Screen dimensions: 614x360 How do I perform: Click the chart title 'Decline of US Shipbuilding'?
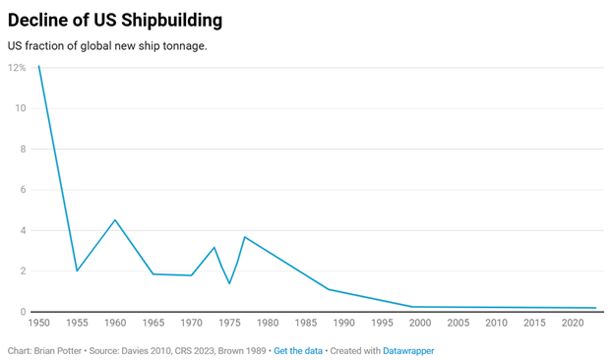tap(115, 21)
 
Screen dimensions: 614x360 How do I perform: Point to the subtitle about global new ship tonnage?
tap(107, 46)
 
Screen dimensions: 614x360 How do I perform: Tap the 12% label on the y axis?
tap(17, 68)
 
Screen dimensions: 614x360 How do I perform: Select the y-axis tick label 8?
tap(23, 150)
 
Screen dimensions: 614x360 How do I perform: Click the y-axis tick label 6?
tap(23, 190)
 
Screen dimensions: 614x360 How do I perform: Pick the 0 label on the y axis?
tap(23, 312)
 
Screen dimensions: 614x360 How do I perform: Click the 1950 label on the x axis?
tap(38, 323)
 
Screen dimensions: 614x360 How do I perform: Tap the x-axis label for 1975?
tap(229, 323)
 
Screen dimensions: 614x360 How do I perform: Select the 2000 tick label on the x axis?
tap(420, 323)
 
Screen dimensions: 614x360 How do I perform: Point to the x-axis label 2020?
tap(573, 323)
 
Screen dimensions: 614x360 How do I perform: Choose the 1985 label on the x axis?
tap(306, 323)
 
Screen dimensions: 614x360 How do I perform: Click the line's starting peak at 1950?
tap(38, 66)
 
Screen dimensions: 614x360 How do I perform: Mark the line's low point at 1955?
tap(77, 270)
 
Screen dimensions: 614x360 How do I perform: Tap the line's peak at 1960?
tap(115, 220)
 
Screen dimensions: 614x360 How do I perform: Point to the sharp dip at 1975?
tap(229, 283)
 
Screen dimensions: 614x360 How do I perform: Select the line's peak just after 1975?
tap(245, 237)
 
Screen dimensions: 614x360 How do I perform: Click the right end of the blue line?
tap(595, 308)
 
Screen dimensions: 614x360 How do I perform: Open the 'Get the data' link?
tap(298, 351)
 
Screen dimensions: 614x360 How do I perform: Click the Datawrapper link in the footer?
tap(408, 351)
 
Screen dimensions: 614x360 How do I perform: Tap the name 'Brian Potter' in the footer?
tap(57, 351)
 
